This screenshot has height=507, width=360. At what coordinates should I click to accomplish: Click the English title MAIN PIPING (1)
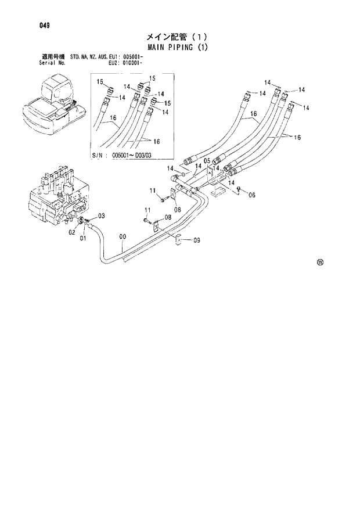pos(180,46)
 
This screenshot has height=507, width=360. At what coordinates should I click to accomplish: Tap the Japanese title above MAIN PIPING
pos(180,36)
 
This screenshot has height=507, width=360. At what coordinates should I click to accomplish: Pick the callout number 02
pos(73,232)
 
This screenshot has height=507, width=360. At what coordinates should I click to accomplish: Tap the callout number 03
pos(101,216)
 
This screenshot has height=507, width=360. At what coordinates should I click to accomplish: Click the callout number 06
pos(251,195)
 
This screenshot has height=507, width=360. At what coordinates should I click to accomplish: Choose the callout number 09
pos(197,240)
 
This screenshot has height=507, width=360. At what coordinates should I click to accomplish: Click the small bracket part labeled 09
pos(181,239)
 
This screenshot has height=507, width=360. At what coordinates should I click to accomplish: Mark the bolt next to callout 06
pos(239,193)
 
